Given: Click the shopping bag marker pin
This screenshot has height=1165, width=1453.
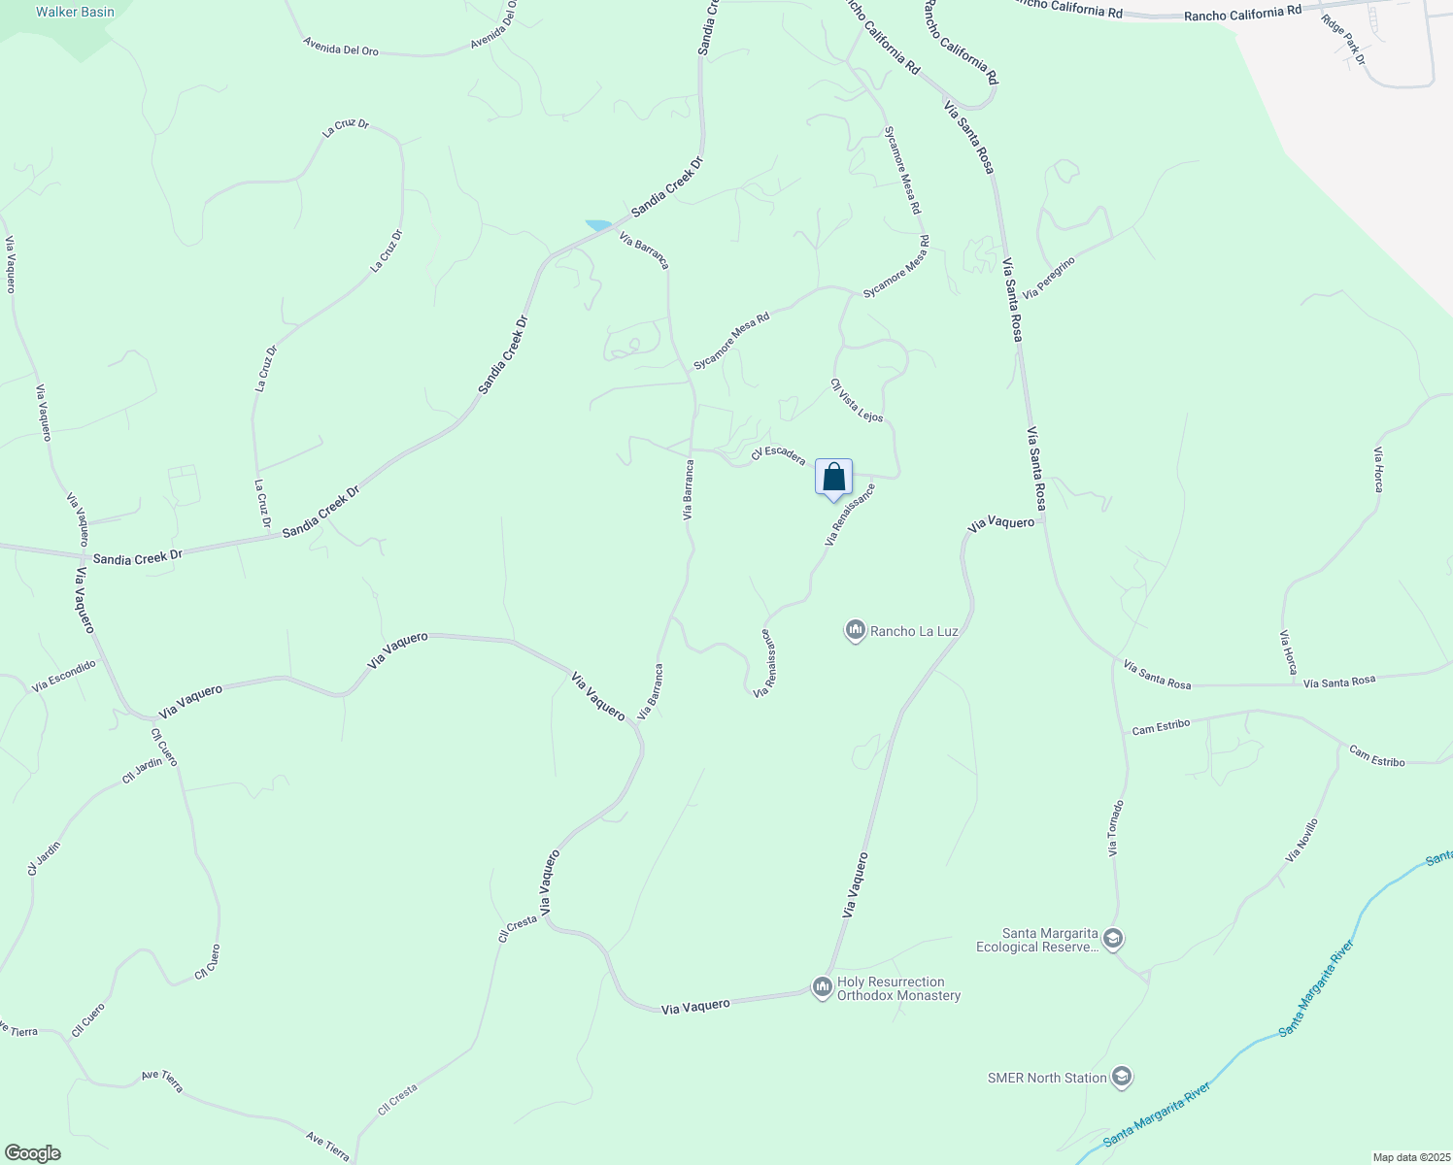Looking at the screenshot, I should pos(833,478).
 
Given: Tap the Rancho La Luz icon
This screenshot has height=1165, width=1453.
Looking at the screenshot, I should pos(855,631).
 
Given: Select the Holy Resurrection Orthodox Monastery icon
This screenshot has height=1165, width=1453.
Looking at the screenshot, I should pos(823,987).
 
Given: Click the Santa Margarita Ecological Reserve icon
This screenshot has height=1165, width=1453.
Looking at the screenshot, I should pos(1113,940).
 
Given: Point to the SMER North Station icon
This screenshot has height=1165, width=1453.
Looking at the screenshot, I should pos(1122,1078).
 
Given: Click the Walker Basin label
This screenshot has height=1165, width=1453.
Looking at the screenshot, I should pos(75,13).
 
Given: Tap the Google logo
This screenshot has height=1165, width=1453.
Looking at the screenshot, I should pos(32,1152).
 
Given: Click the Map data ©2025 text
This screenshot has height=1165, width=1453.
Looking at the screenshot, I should pos(1409,1157).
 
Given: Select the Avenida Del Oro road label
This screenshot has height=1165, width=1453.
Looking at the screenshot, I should pos(340,47).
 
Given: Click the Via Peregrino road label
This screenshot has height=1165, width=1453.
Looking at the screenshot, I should pos(1049,278).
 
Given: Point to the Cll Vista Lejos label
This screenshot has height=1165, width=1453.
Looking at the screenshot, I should pos(857,400).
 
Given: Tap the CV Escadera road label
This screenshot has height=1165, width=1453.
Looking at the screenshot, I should pos(778,453).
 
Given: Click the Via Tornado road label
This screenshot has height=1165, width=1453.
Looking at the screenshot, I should pos(1116,828).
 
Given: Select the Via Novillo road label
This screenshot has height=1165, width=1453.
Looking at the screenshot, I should pos(1301,841).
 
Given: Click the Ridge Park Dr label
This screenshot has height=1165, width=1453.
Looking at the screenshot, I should pos(1343,40).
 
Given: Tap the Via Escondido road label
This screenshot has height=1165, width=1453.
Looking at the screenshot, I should pos(64,676).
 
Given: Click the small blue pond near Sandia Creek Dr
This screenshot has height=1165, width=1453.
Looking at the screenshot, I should pos(598,225).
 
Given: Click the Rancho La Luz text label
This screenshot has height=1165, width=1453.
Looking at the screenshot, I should pos(914,631).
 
